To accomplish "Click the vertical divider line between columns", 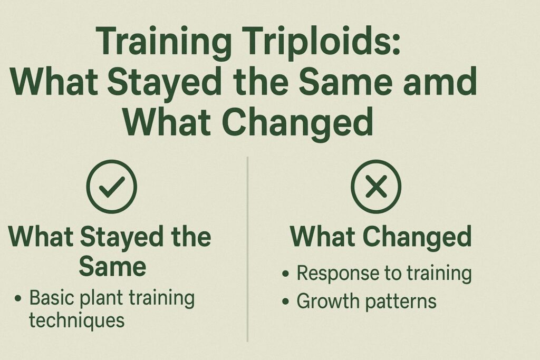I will point(247,248).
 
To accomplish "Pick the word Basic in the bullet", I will point(50,298).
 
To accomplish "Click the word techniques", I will point(77,319).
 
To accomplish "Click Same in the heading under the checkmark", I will point(112,266).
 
